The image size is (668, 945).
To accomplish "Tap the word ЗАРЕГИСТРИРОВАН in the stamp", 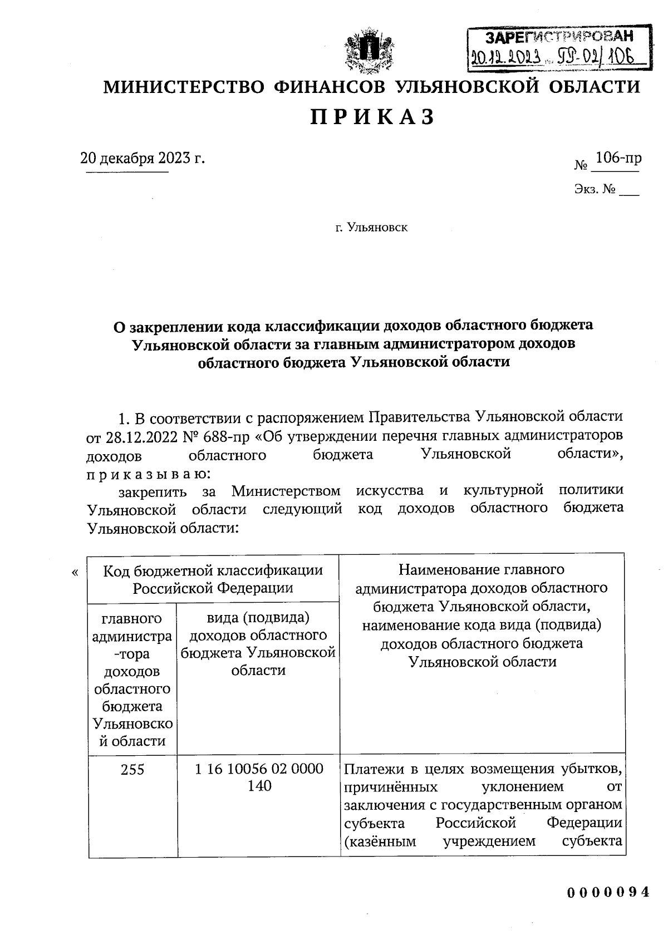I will pyautogui.click(x=559, y=38).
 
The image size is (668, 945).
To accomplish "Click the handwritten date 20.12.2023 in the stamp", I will pyautogui.click(x=507, y=56).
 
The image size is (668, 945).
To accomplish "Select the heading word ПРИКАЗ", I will pyautogui.click(x=371, y=117).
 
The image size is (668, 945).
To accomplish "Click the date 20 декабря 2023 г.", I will pyautogui.click(x=143, y=158).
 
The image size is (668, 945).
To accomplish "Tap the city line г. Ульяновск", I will pyautogui.click(x=371, y=228).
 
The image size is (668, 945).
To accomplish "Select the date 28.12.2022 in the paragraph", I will pyautogui.click(x=139, y=436).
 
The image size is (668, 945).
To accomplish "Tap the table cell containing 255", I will pyautogui.click(x=132, y=770).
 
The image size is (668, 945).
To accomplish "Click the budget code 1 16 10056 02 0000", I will pyautogui.click(x=259, y=769).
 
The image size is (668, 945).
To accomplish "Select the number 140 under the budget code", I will pyautogui.click(x=259, y=786).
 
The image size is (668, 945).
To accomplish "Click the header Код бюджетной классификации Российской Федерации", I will pyautogui.click(x=213, y=579).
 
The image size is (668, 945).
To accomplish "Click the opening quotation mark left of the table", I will pyautogui.click(x=75, y=572).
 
